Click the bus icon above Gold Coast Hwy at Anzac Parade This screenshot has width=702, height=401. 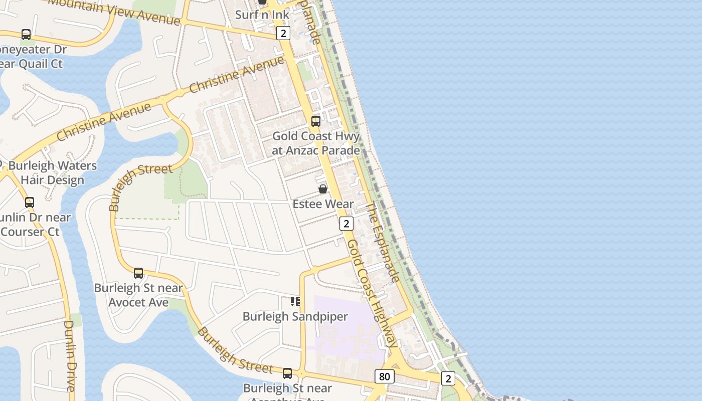click(x=316, y=121)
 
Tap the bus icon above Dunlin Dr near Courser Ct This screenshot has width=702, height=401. click(x=30, y=203)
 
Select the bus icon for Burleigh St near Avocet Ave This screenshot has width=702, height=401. click(x=138, y=273)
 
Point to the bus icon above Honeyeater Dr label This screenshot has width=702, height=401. click(x=26, y=35)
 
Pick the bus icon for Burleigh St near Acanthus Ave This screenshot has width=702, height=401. click(x=287, y=373)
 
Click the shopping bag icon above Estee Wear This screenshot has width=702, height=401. click(x=323, y=189)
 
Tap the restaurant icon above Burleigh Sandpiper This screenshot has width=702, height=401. click(x=295, y=301)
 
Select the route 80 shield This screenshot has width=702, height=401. click(x=384, y=376)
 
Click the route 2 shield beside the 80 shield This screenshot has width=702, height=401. click(x=448, y=378)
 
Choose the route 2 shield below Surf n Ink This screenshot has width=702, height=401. click(x=283, y=33)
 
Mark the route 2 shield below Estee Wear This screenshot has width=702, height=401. click(x=346, y=224)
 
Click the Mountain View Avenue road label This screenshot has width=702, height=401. click(x=114, y=11)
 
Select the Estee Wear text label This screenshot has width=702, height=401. click(x=323, y=204)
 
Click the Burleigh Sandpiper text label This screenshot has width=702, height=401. click(x=295, y=317)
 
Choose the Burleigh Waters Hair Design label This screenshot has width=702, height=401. click(x=53, y=173)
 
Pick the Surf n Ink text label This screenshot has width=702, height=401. click(x=262, y=15)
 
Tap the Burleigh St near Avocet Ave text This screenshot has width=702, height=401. click(x=139, y=295)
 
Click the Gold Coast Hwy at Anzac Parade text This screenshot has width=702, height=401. click(x=316, y=143)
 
